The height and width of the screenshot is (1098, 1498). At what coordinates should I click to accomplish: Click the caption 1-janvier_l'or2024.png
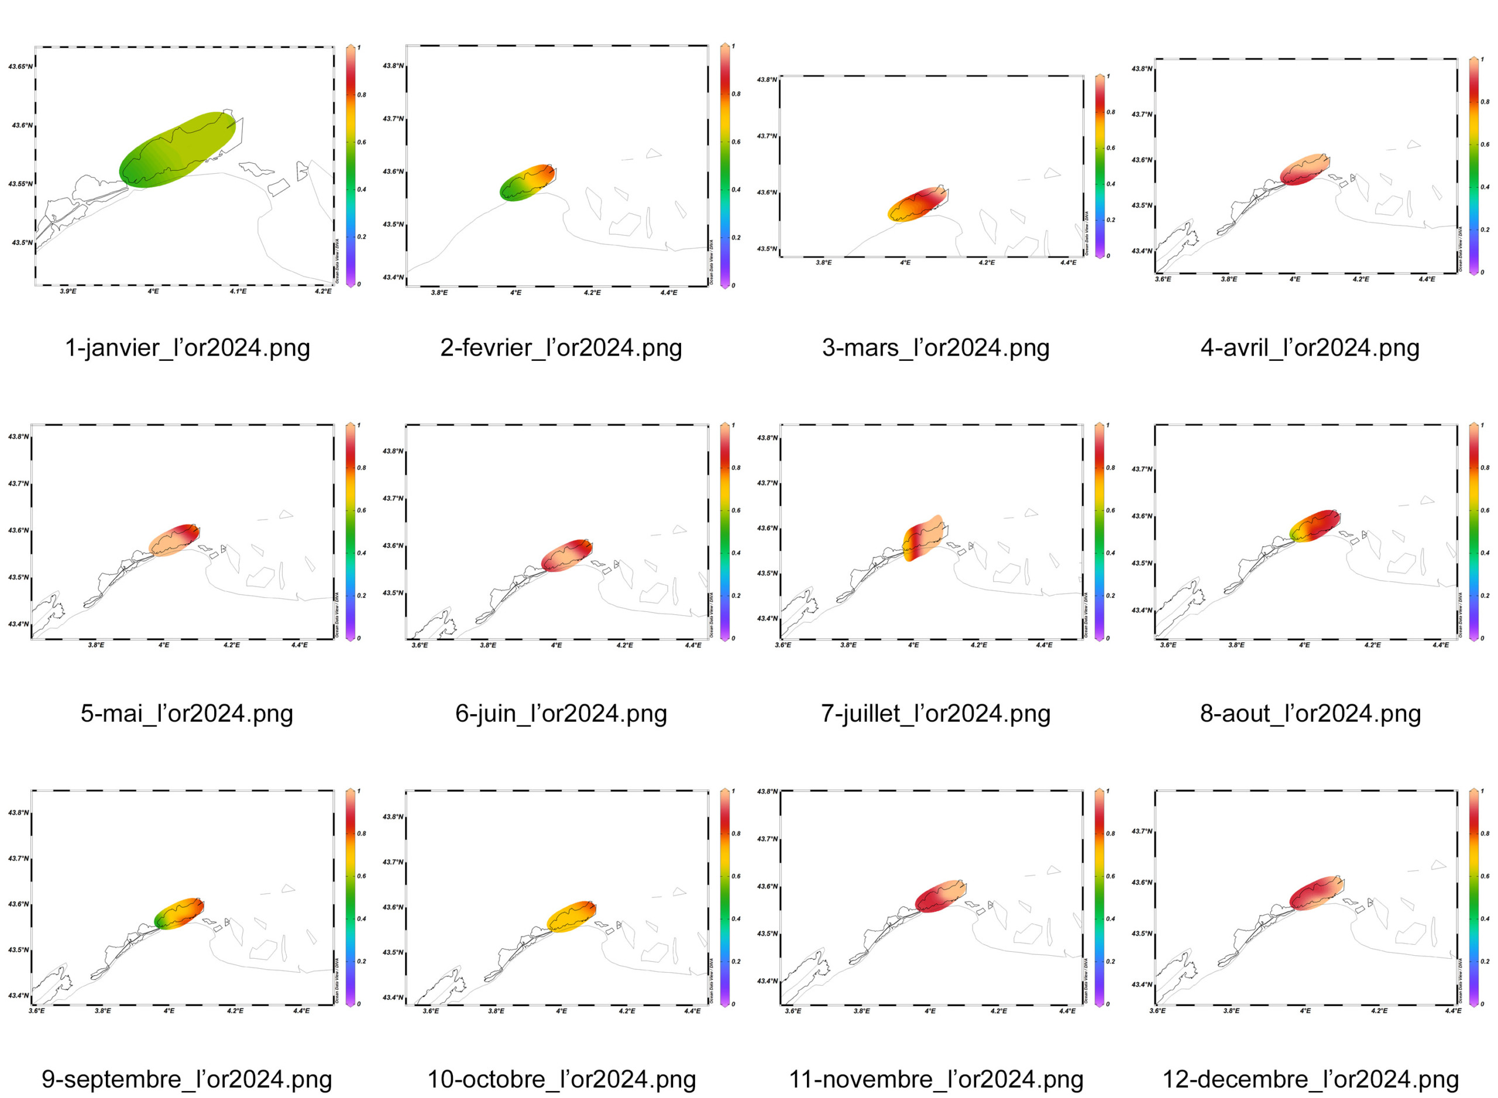187,347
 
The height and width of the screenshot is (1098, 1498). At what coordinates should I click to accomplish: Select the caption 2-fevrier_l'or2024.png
561,347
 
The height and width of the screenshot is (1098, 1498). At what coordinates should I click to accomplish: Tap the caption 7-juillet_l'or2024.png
936,713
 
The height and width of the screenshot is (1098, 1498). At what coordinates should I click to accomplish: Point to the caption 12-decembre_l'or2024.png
1310,1079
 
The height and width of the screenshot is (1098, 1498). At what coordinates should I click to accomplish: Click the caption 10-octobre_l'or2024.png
561,1079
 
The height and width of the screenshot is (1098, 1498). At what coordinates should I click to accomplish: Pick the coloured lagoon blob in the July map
923,537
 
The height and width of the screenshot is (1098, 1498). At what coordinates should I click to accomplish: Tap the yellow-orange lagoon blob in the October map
571,917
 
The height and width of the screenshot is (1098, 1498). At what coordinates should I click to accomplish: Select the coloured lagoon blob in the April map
1304,170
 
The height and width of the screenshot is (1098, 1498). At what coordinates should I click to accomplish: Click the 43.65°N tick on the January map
20,67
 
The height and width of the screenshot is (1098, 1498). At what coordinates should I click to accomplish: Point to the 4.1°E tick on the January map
238,292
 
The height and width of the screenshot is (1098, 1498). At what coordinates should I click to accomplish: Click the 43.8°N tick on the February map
392,66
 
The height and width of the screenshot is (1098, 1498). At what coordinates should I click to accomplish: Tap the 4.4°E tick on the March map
1068,263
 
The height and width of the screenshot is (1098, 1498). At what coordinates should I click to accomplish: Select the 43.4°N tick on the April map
1142,251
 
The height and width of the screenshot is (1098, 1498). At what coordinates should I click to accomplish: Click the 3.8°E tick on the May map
96,645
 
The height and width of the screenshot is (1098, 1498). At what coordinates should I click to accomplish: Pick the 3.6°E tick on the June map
420,645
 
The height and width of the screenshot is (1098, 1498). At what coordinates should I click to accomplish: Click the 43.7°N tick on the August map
1142,469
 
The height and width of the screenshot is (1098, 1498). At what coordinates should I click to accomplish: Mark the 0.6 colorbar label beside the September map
362,876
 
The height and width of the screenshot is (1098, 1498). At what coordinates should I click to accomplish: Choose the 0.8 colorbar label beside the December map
1485,834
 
